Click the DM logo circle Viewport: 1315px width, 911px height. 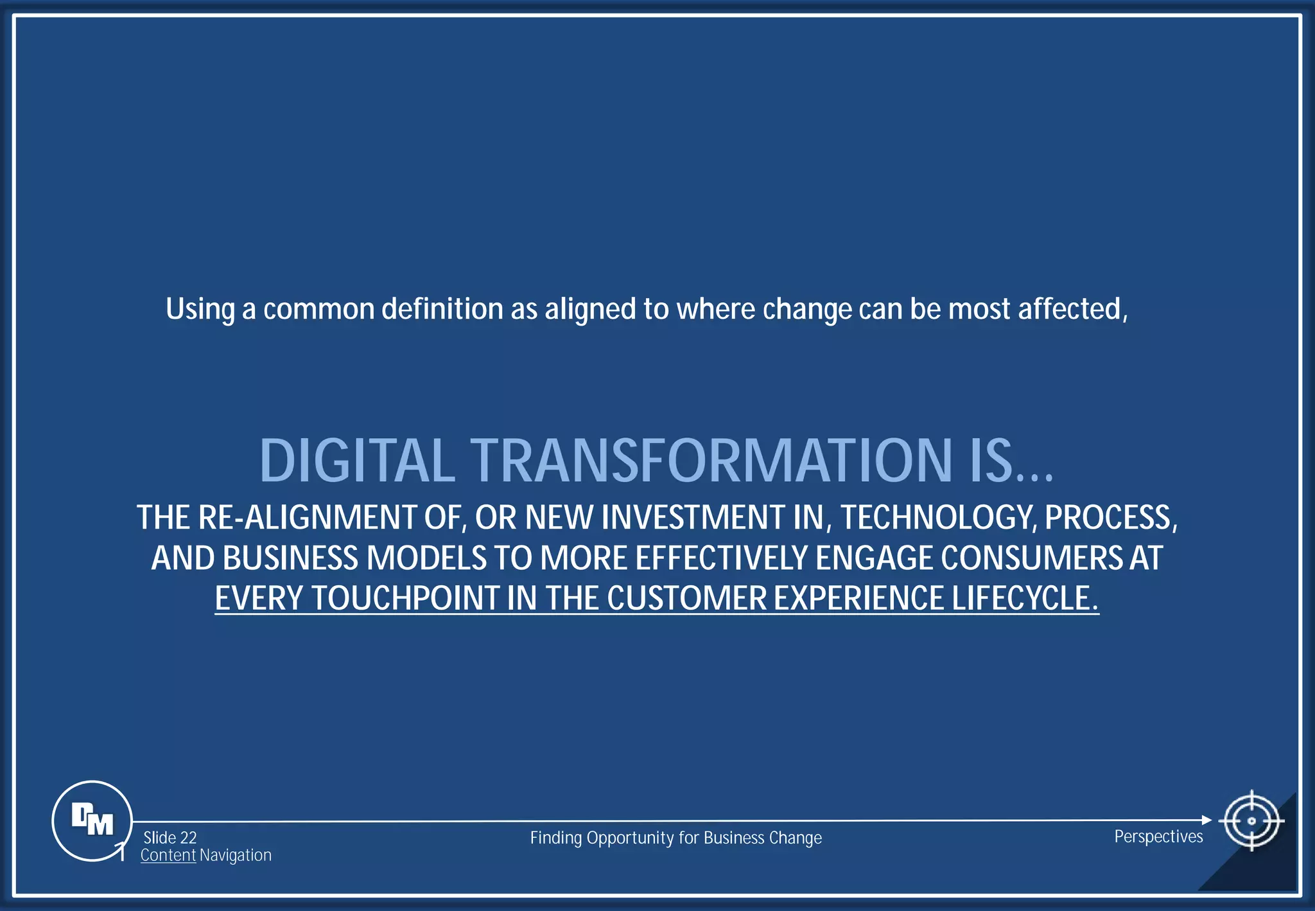click(92, 820)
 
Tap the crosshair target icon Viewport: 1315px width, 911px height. click(1251, 820)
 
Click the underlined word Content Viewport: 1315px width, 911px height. click(168, 855)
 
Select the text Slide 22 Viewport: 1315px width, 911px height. click(170, 838)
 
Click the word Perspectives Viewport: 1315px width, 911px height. click(1158, 836)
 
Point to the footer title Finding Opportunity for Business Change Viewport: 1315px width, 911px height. click(675, 838)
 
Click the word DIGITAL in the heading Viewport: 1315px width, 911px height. click(357, 461)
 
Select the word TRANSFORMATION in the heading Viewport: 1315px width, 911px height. click(711, 461)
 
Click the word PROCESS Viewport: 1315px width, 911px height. click(1111, 518)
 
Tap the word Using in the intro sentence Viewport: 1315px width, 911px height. click(200, 310)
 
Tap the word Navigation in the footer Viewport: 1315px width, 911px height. click(236, 855)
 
